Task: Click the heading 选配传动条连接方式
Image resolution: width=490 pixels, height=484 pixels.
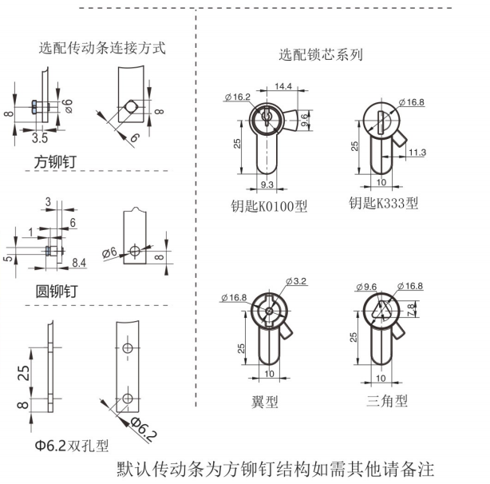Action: coord(102,48)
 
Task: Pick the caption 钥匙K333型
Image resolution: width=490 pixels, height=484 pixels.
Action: coord(383,203)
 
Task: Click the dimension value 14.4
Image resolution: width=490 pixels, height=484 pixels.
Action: coord(283,86)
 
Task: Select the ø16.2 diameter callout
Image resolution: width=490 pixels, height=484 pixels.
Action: coord(238,97)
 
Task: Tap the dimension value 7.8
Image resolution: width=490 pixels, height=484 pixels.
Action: coord(412,307)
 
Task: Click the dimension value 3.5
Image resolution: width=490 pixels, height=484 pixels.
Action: coord(40,137)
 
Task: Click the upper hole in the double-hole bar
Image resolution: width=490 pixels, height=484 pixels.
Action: coord(127,349)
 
